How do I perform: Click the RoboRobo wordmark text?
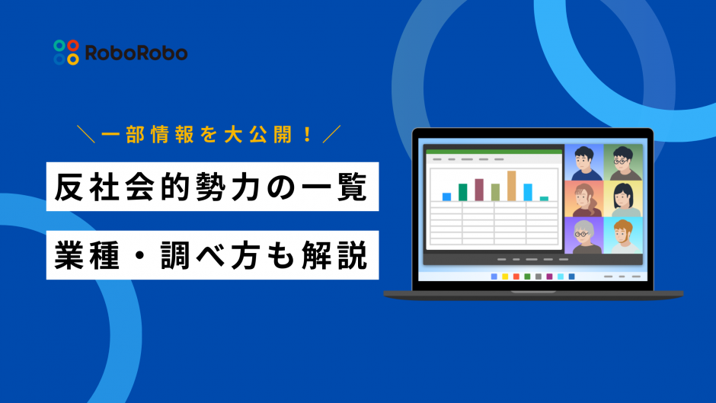136,53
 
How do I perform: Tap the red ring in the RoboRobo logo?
73,45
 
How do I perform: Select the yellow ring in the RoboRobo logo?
73,59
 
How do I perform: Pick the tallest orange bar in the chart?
511,185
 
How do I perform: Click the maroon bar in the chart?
479,189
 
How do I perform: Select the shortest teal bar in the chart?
544,198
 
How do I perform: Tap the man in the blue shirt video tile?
583,162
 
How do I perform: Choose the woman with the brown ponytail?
583,199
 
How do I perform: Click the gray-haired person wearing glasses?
583,235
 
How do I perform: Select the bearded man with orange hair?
623,235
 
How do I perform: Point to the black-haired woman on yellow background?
623,199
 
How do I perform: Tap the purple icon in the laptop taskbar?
571,277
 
